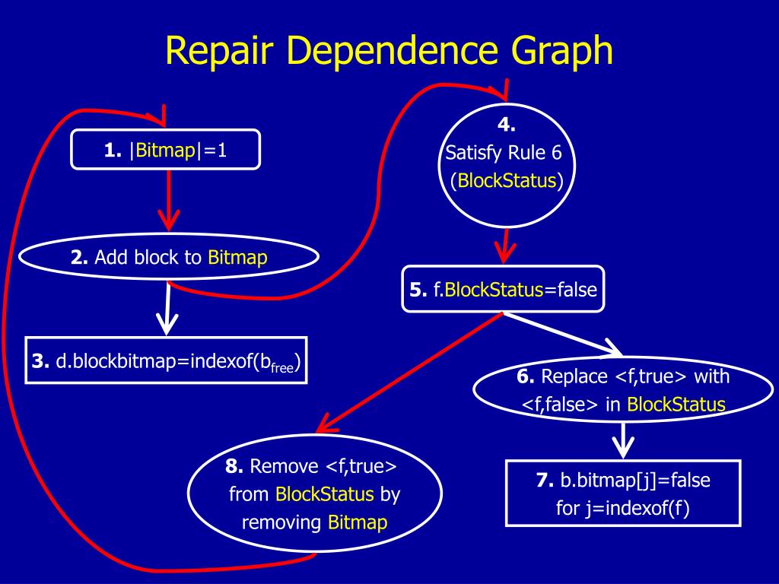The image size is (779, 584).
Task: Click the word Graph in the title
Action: pyautogui.click(x=558, y=51)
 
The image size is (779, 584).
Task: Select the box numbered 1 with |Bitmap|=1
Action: pyautogui.click(x=166, y=150)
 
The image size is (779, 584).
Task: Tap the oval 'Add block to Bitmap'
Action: pyautogui.click(x=169, y=258)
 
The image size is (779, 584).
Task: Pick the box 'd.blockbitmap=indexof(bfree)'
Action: pyautogui.click(x=167, y=360)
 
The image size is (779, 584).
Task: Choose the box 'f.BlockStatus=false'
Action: pyautogui.click(x=503, y=289)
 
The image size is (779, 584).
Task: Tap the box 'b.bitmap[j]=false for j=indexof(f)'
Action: pyautogui.click(x=622, y=494)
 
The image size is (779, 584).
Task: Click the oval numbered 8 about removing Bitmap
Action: pyautogui.click(x=314, y=494)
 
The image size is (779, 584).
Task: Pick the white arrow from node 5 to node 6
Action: pyautogui.click(x=563, y=335)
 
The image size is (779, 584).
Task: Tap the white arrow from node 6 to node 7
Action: pyautogui.click(x=623, y=440)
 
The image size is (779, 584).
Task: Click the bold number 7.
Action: pyautogui.click(x=543, y=481)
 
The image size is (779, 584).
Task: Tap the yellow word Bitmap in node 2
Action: pyautogui.click(x=237, y=258)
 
